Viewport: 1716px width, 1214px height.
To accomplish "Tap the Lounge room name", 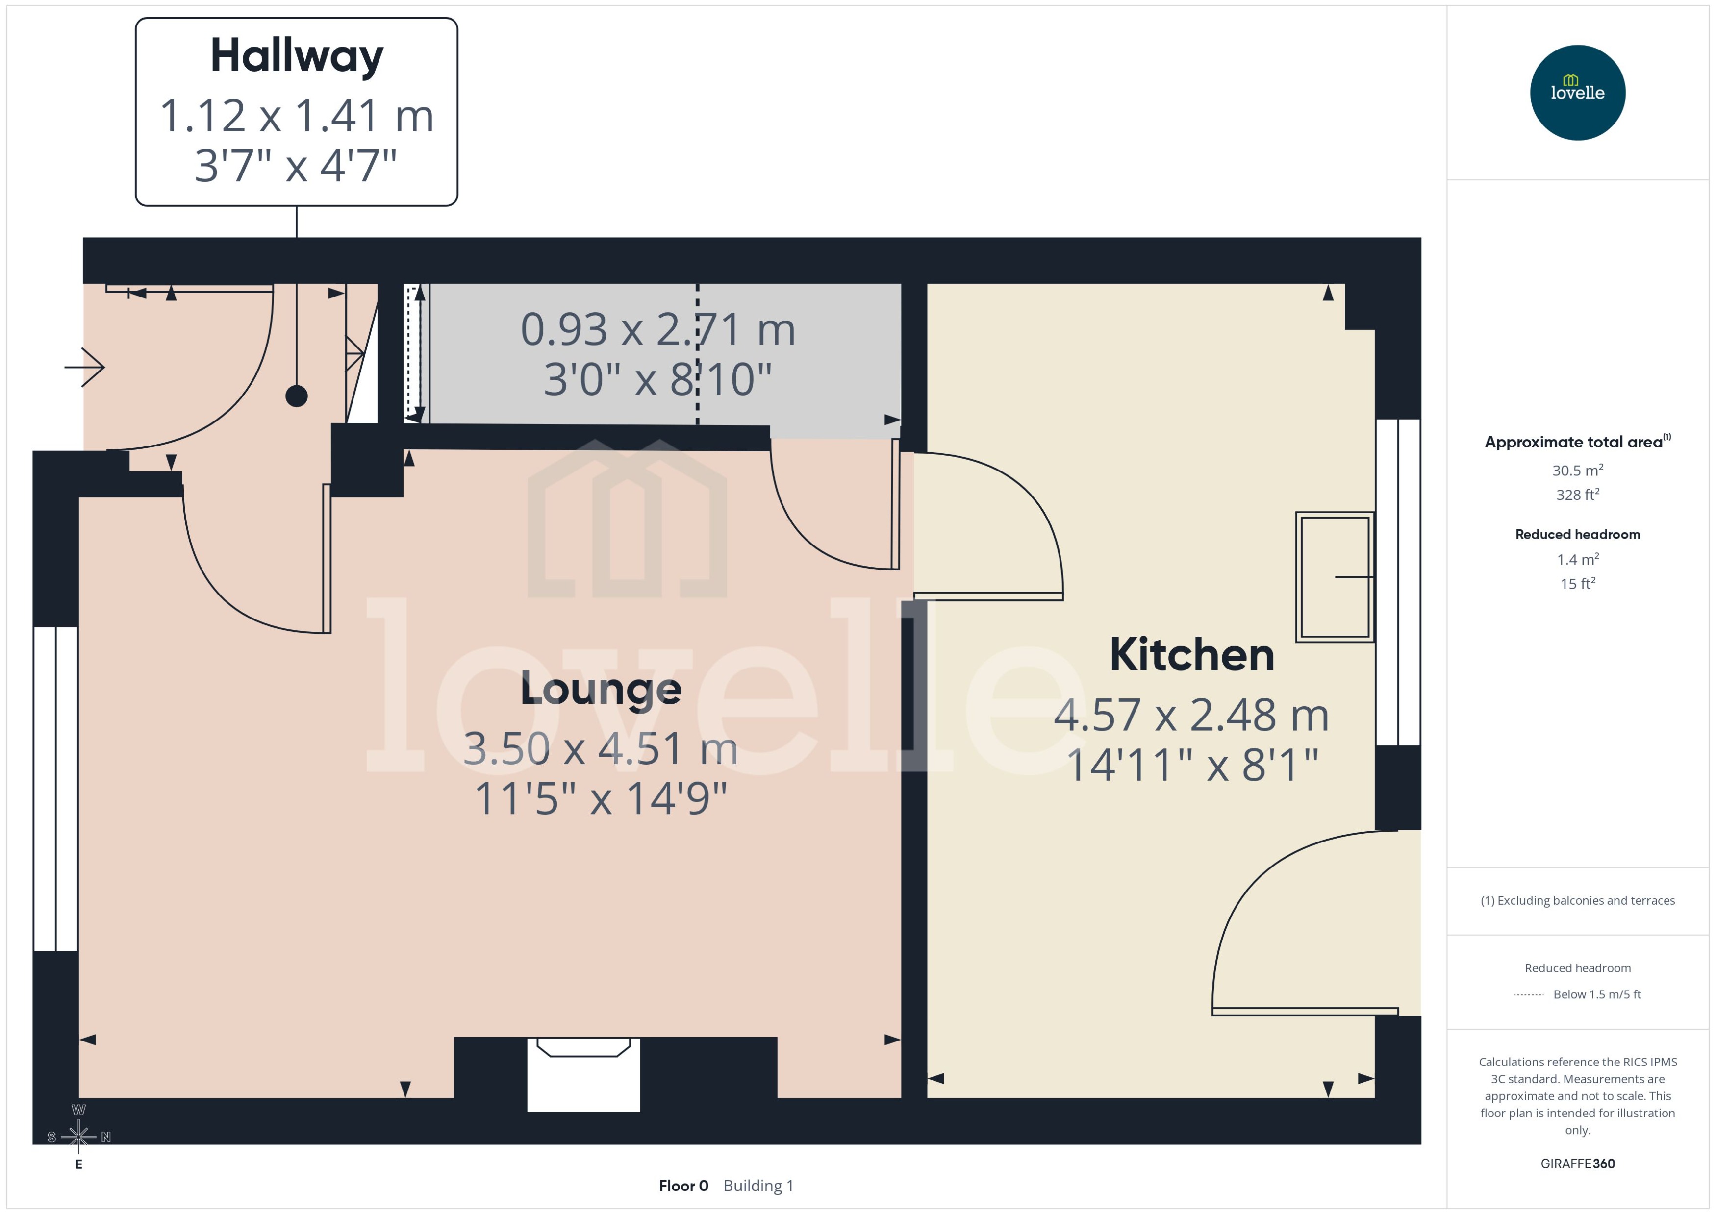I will tap(601, 689).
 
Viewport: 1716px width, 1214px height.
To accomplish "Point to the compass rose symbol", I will tap(78, 1136).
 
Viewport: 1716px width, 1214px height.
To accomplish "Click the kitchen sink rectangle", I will tap(1334, 577).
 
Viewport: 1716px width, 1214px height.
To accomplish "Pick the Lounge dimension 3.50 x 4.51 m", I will tap(601, 749).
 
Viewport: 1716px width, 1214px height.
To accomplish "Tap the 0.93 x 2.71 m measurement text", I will tap(657, 330).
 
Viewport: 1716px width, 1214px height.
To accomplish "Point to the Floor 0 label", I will tap(682, 1186).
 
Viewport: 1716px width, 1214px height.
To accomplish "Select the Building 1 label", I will tap(758, 1186).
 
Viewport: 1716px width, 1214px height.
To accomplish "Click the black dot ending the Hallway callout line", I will tap(297, 396).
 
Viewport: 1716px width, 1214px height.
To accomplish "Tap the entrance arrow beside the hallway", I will tap(84, 367).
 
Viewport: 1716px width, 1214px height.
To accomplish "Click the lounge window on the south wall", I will tap(56, 789).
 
